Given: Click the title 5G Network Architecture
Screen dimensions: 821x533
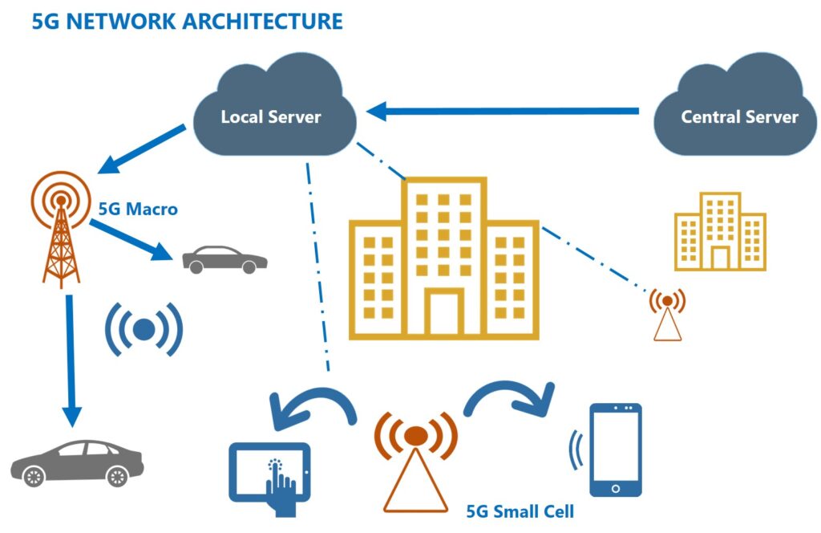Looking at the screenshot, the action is pos(188,22).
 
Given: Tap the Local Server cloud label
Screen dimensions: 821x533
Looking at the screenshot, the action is pos(271,116).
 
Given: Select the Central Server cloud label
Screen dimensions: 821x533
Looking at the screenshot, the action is pos(739,116).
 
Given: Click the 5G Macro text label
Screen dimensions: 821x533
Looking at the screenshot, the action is pos(138,210).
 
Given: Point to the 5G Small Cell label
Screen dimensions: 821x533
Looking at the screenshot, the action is pos(520,511).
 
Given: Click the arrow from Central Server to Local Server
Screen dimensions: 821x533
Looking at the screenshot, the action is pos(503,111).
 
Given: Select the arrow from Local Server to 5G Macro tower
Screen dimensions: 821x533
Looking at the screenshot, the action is pos(141,149).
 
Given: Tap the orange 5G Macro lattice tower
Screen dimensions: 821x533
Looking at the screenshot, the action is pos(61,230).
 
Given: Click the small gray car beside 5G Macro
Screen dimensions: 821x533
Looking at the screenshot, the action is pos(224,259).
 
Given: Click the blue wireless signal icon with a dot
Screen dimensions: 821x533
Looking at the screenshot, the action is pos(144,330).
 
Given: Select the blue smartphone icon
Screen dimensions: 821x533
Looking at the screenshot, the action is pos(615,450).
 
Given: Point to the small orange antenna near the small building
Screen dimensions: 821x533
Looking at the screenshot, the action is pos(668,315).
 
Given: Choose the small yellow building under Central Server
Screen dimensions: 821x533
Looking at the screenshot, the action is pos(720,232).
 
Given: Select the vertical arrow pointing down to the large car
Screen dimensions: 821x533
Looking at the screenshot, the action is pos(71,360).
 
